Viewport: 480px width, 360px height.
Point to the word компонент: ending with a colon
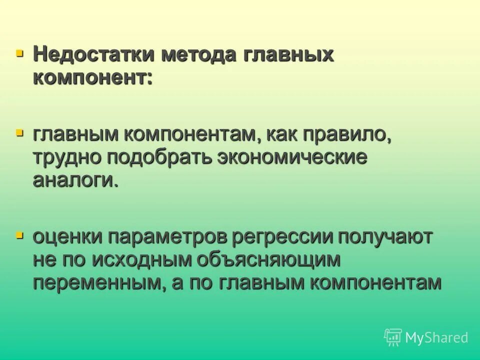coord(92,78)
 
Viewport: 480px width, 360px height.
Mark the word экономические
coord(292,157)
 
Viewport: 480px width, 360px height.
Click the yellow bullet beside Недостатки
coord(19,52)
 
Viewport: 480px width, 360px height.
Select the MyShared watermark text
coord(436,337)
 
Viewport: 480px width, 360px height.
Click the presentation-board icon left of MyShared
coord(393,337)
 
